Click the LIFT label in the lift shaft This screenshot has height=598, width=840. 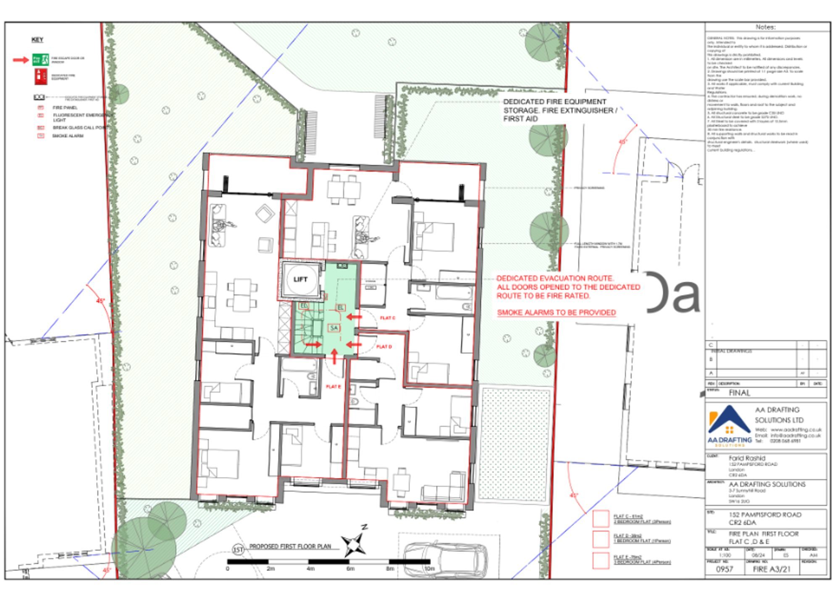pyautogui.click(x=300, y=279)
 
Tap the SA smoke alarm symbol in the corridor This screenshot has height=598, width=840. pyautogui.click(x=334, y=328)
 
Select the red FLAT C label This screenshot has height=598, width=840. pyautogui.click(x=387, y=318)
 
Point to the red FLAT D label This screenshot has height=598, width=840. pyautogui.click(x=384, y=347)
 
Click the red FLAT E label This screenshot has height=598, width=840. pyautogui.click(x=333, y=386)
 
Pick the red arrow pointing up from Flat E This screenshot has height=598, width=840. pyautogui.click(x=334, y=357)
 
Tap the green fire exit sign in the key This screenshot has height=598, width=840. pyautogui.click(x=41, y=60)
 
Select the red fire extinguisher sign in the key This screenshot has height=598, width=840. pyautogui.click(x=41, y=76)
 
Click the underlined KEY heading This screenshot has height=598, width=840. pyautogui.click(x=37, y=40)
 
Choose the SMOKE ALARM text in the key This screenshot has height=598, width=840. pyautogui.click(x=68, y=136)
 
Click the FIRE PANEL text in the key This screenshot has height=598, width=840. pyautogui.click(x=65, y=108)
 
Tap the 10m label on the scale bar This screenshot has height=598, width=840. pyautogui.click(x=429, y=569)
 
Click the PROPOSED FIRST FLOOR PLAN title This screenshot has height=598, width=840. pyautogui.click(x=290, y=546)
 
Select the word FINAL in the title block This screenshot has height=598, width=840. pyautogui.click(x=739, y=393)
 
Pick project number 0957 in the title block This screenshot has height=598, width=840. pyautogui.click(x=724, y=569)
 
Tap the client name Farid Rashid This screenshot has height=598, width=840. pyautogui.click(x=747, y=458)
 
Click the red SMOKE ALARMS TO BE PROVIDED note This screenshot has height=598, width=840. pyautogui.click(x=556, y=312)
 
